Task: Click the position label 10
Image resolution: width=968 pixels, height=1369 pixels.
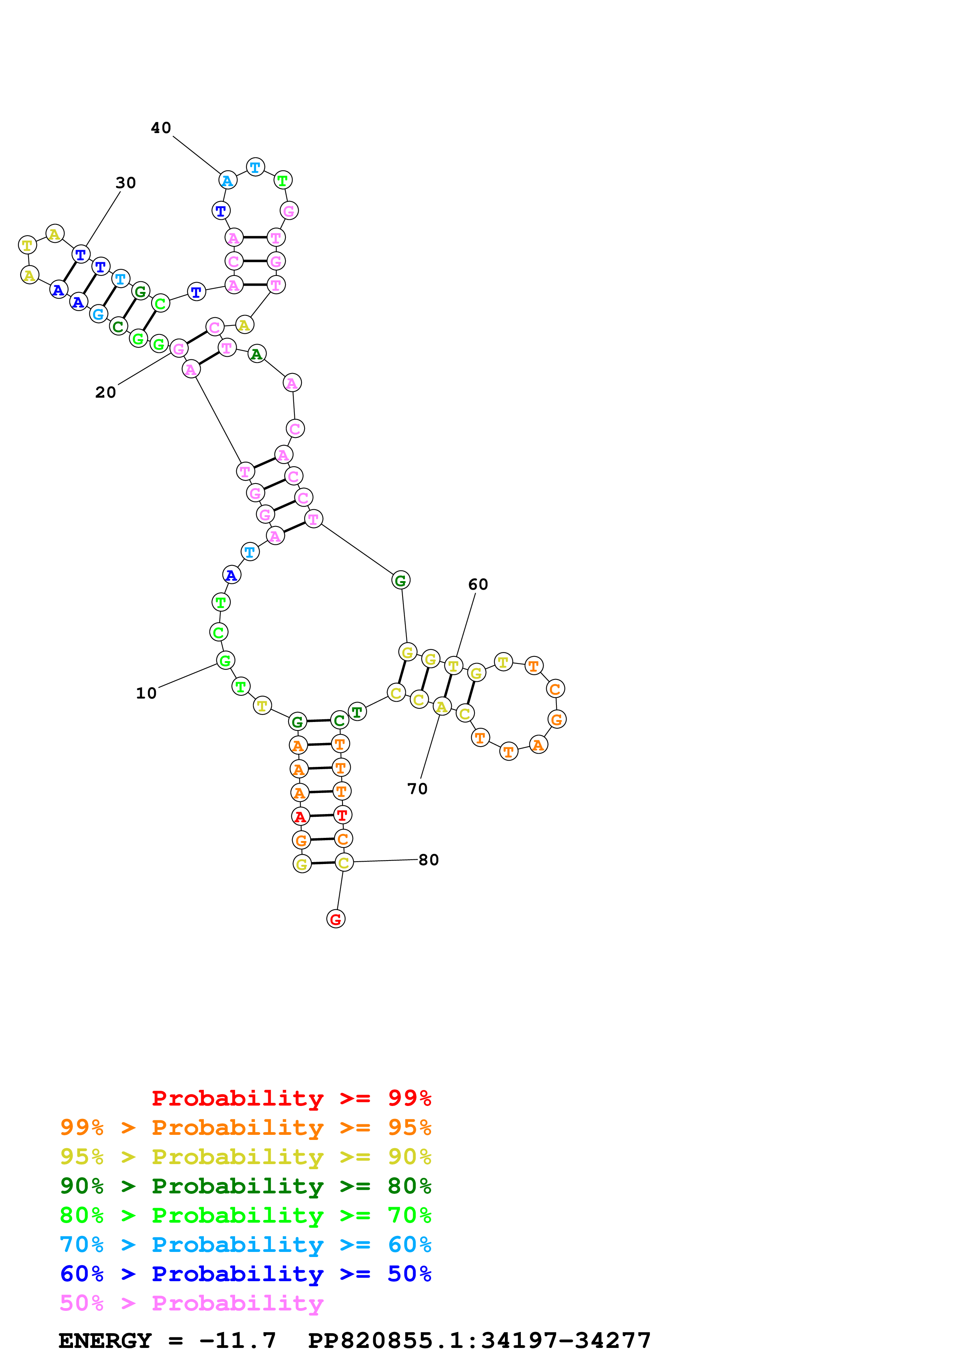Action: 146,693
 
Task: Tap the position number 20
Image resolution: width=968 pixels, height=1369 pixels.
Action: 105,392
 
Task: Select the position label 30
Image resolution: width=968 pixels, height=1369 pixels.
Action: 126,183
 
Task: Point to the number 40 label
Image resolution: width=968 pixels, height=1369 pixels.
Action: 161,128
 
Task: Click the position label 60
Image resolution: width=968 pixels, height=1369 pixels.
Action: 478,584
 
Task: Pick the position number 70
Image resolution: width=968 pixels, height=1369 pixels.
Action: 417,789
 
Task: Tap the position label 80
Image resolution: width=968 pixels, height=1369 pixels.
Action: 428,860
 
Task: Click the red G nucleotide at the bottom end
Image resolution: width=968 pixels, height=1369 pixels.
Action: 336,919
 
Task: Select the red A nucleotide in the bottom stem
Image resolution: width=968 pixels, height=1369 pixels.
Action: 300,816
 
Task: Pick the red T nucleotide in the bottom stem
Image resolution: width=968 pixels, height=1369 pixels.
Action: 342,814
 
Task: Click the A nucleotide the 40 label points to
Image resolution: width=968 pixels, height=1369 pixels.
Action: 227,180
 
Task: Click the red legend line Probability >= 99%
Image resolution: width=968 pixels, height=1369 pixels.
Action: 291,1098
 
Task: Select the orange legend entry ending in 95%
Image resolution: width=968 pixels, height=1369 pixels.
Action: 246,1127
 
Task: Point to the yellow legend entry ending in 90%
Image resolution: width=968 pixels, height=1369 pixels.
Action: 246,1157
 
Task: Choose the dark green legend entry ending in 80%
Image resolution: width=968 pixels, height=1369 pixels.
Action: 246,1186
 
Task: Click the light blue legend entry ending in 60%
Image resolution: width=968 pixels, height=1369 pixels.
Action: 246,1245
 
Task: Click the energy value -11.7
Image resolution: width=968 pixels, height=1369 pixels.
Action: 237,1341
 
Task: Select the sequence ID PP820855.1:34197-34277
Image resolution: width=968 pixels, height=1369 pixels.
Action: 479,1341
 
